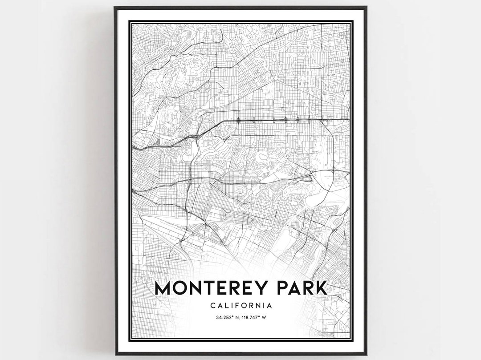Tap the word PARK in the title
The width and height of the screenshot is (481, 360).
click(x=304, y=287)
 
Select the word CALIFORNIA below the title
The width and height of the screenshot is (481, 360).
click(x=240, y=306)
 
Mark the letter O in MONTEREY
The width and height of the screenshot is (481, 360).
click(x=181, y=287)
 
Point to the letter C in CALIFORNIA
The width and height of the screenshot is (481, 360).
click(x=211, y=306)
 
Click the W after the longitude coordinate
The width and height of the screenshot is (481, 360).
click(x=269, y=317)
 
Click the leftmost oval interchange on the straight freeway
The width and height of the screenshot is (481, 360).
click(x=239, y=119)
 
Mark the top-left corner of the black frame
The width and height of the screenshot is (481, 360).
click(x=114, y=7)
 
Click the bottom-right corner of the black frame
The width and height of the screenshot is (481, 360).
click(x=366, y=354)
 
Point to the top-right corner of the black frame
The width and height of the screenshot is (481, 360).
click(x=366, y=7)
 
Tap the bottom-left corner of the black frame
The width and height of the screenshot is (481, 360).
click(x=115, y=354)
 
